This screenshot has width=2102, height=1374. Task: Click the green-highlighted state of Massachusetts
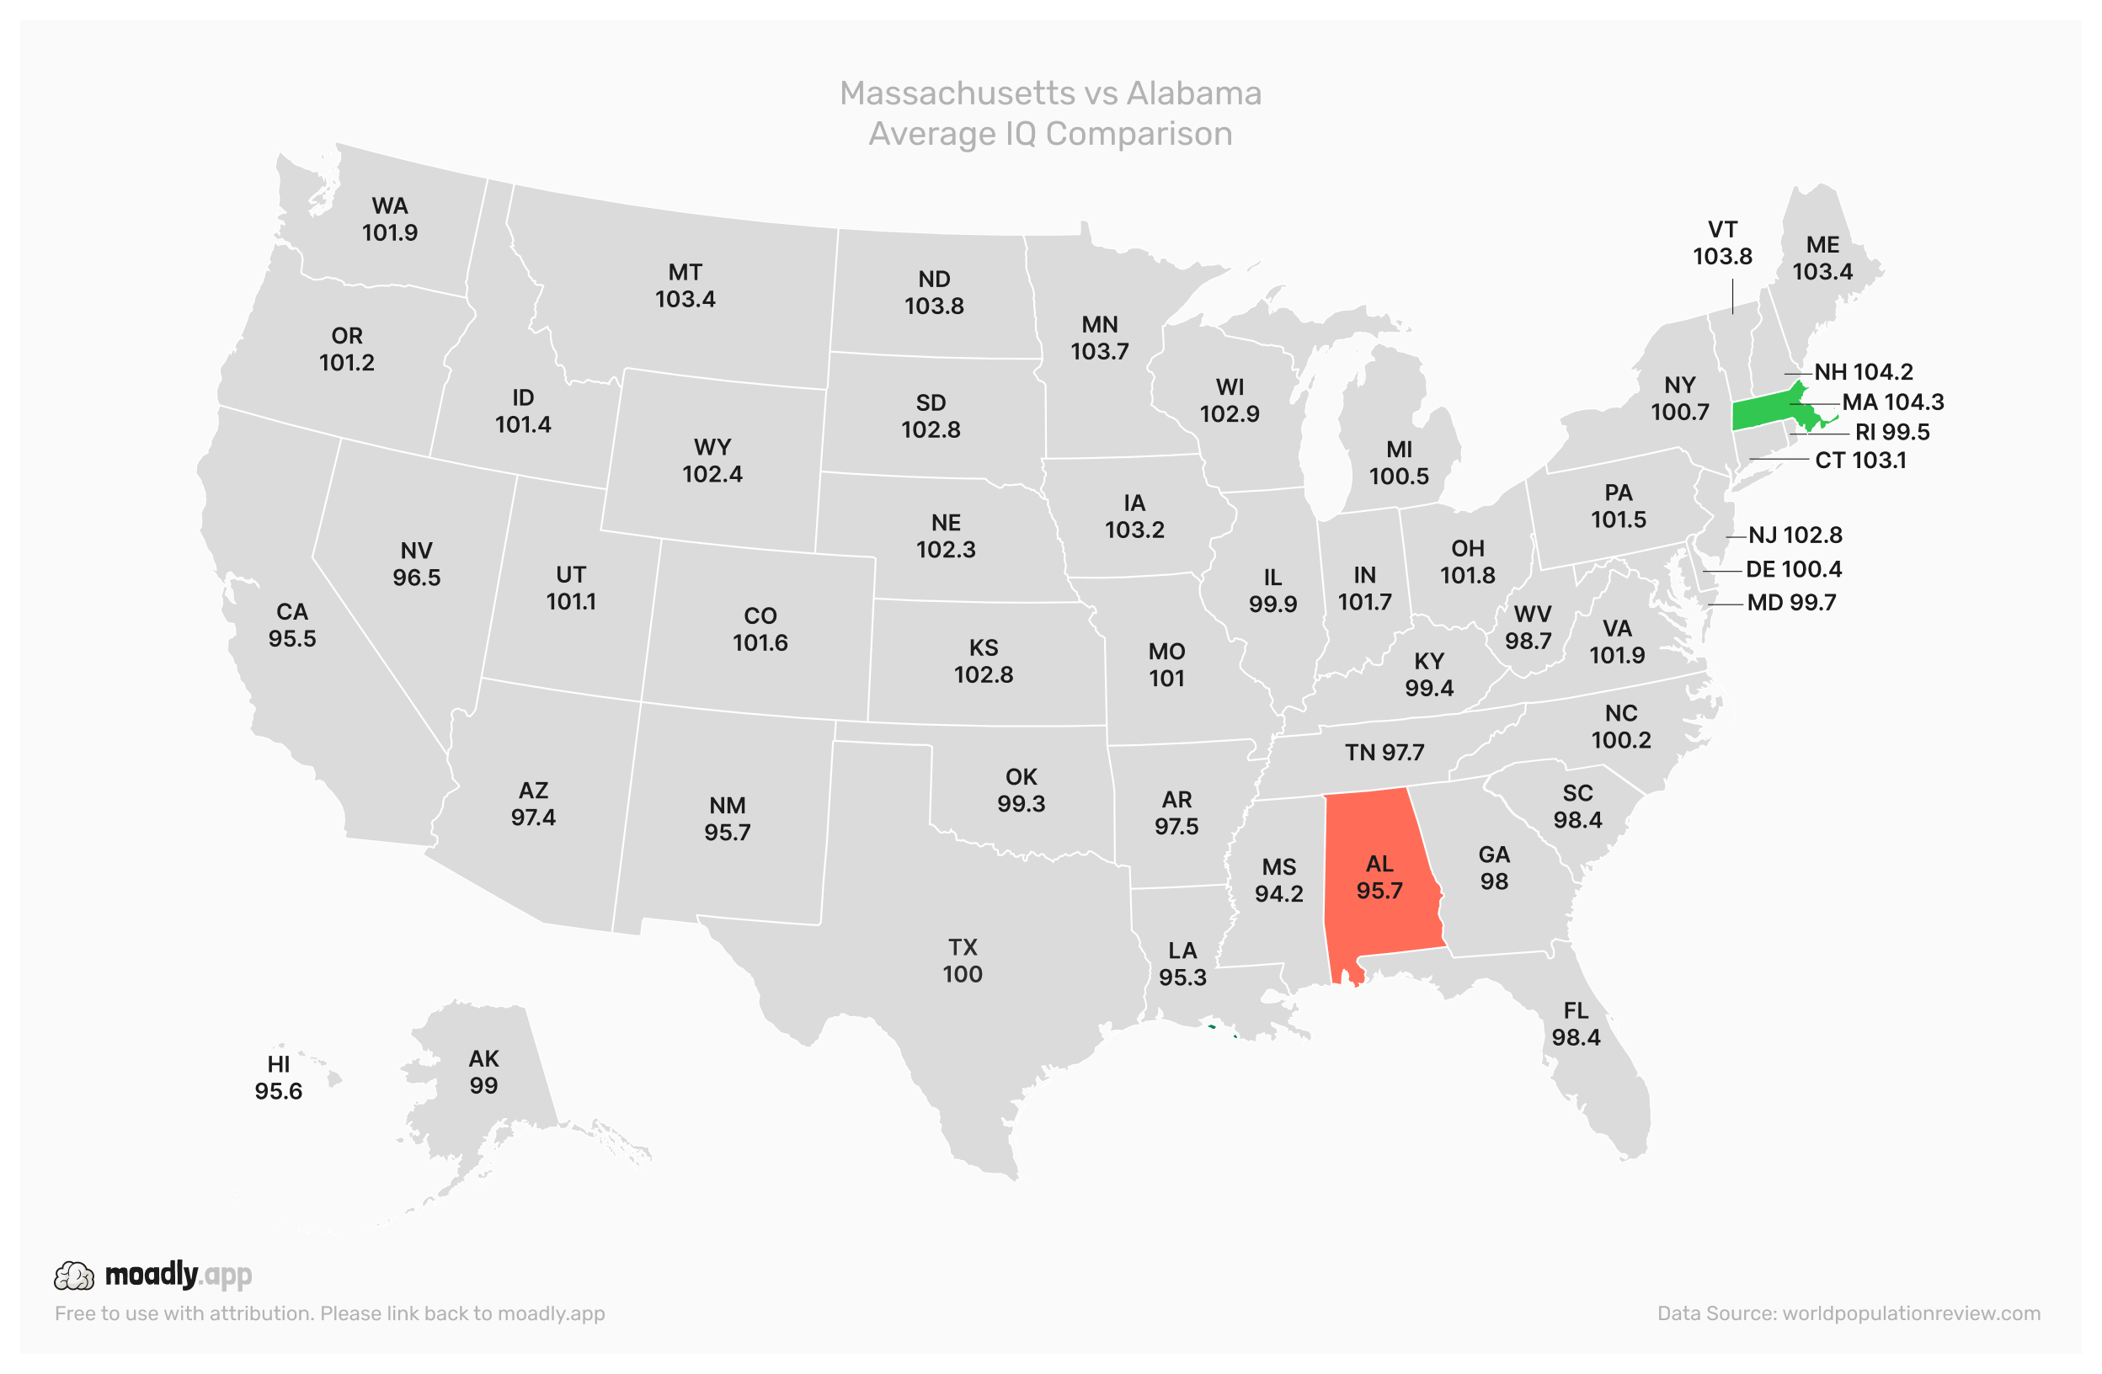tap(1762, 413)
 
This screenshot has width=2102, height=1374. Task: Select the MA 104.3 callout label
tap(1892, 402)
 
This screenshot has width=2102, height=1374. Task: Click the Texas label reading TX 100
tap(963, 961)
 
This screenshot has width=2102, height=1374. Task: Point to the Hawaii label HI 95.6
tap(278, 1078)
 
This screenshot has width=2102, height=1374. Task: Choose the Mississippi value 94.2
tap(1279, 893)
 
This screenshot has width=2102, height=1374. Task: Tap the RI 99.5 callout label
tap(1891, 433)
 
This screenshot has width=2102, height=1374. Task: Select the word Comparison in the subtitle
tap(1139, 134)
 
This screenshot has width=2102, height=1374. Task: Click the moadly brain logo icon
tap(74, 1276)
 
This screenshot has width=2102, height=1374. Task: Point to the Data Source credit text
tap(1849, 1313)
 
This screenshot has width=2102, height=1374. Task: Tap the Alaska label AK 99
tap(483, 1072)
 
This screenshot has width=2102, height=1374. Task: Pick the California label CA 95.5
tap(292, 626)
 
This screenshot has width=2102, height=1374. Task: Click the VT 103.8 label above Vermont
tap(1722, 242)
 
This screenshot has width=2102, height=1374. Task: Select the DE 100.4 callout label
tap(1794, 570)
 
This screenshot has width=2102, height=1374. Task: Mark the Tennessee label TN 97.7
tap(1384, 753)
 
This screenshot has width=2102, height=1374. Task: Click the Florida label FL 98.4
tap(1576, 1025)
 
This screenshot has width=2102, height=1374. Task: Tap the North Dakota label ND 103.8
tap(935, 292)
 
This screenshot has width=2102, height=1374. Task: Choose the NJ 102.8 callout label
tap(1795, 535)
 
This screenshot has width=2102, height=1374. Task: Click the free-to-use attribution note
tap(329, 1313)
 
